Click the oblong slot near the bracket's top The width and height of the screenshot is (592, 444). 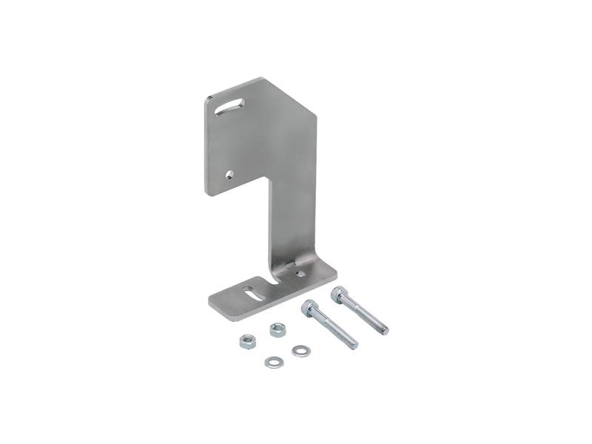(x=231, y=107)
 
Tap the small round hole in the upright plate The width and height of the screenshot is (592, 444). (x=229, y=175)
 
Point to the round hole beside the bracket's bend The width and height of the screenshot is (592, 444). (x=300, y=273)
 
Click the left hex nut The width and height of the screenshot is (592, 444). (x=247, y=341)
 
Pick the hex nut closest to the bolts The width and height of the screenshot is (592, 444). (x=277, y=329)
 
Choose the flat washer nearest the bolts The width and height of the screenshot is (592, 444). (x=299, y=351)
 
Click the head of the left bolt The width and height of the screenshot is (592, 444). (x=309, y=307)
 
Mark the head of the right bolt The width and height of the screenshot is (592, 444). (x=339, y=293)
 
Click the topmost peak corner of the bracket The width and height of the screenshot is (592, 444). (x=260, y=78)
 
